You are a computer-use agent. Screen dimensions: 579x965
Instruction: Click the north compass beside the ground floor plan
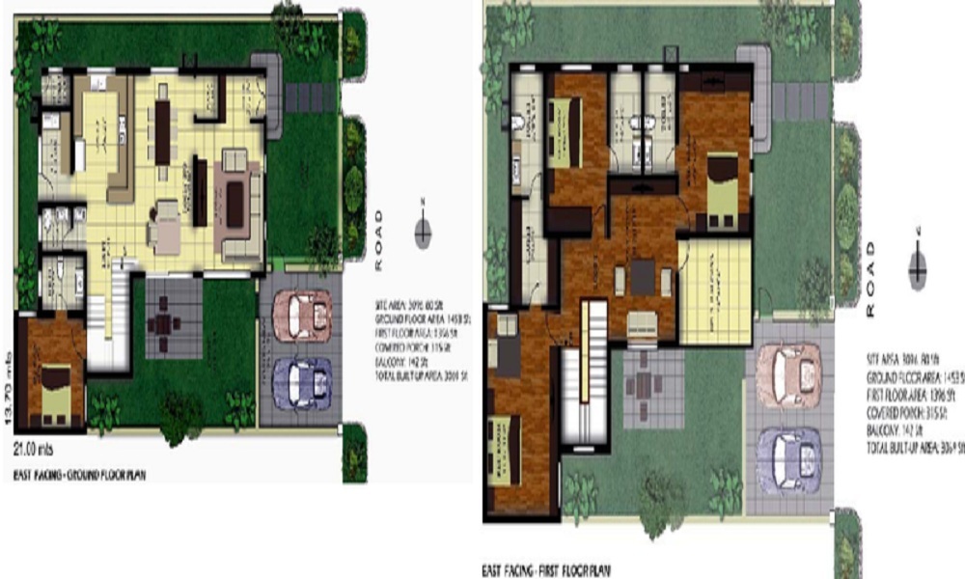click(423, 232)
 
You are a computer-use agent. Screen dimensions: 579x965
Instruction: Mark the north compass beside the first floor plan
click(918, 265)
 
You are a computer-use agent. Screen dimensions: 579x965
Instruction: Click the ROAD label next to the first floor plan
click(871, 280)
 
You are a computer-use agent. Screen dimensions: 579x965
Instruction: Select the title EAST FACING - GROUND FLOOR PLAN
click(79, 475)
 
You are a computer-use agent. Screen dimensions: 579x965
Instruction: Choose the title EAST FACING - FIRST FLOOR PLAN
click(546, 569)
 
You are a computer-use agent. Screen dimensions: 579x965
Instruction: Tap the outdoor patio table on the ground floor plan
click(163, 323)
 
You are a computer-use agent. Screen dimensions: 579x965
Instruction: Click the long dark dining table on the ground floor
click(162, 132)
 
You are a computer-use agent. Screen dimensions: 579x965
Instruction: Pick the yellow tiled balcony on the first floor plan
click(714, 289)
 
